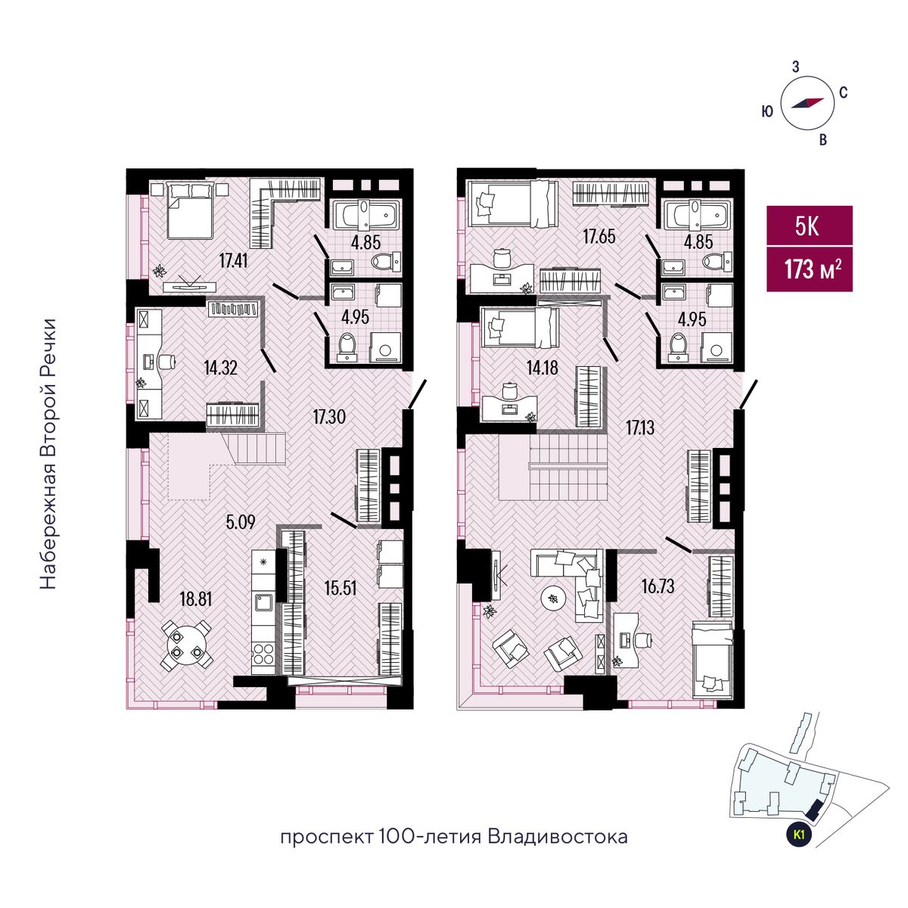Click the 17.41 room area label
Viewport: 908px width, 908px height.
(233, 260)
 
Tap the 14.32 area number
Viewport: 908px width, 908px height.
(220, 368)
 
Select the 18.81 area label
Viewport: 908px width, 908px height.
(195, 599)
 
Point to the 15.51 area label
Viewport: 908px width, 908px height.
(340, 588)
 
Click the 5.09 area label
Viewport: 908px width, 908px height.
(241, 522)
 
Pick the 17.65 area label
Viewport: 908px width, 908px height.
(599, 236)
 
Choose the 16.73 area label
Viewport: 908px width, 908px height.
(658, 586)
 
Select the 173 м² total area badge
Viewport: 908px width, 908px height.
(809, 269)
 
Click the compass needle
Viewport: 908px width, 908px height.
(807, 103)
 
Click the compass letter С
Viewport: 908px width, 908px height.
(843, 93)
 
